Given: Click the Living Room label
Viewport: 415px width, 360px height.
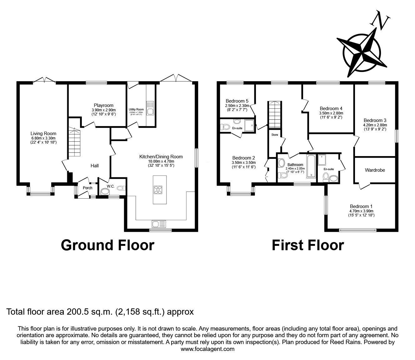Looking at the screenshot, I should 43,134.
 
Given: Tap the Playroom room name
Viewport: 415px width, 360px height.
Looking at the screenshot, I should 103,105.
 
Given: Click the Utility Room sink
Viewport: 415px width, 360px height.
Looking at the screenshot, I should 150,108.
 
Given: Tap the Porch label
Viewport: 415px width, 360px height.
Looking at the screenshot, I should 87,188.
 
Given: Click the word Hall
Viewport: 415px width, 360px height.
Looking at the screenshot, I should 94,165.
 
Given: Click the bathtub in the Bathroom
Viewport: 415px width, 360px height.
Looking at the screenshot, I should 311,166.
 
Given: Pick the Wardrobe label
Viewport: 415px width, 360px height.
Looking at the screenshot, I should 375,170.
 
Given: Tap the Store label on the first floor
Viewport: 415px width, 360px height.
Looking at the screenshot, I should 274,135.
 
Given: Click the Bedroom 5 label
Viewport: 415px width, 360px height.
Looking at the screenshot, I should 237,101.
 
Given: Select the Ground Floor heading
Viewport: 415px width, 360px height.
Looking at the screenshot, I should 107,245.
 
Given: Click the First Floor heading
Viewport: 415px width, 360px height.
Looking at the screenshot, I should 307,245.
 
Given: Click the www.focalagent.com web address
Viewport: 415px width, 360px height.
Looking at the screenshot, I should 207,349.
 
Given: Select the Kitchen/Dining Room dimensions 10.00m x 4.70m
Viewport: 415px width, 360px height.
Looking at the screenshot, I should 161,161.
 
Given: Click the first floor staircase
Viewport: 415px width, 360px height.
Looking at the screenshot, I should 274,114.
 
